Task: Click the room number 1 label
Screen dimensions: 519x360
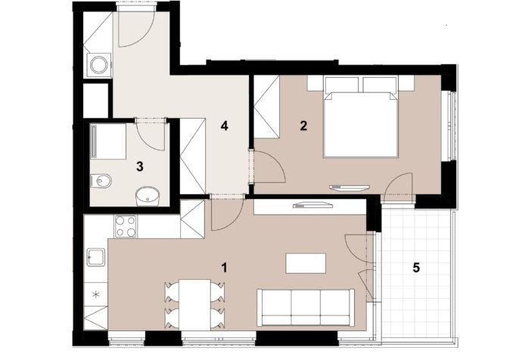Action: pos(225,268)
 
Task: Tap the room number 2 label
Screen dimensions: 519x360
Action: pos(303,126)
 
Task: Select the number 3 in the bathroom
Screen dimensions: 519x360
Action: pos(140,166)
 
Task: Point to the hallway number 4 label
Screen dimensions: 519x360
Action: pos(225,126)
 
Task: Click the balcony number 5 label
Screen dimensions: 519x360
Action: pos(416,268)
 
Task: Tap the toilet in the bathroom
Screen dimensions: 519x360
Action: pos(101,180)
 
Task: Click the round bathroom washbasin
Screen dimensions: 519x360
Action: pos(147,196)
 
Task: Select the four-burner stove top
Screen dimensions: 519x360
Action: pos(126,226)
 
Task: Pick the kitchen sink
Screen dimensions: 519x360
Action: pos(96,257)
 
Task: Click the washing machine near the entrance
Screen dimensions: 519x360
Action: pos(99,65)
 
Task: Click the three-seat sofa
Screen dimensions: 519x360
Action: pos(306,308)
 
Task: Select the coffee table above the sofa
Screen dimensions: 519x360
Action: pos(306,263)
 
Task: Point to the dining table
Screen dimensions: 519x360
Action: pos(194,304)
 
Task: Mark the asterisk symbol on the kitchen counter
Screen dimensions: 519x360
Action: pos(95,294)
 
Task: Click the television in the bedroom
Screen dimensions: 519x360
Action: pos(350,188)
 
